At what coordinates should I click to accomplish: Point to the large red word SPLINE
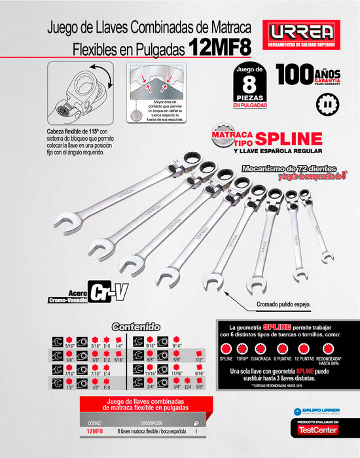point(288,138)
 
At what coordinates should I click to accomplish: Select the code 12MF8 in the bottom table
point(94,431)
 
